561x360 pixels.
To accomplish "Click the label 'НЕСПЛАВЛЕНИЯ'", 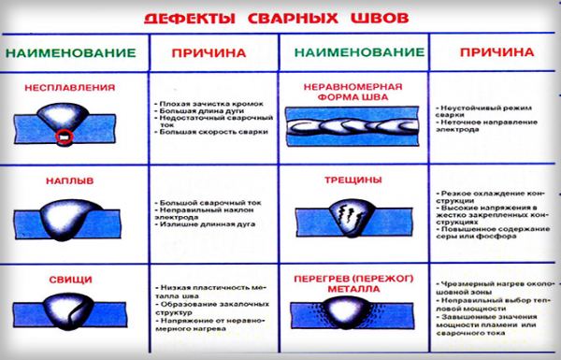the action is [x=74, y=88].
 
